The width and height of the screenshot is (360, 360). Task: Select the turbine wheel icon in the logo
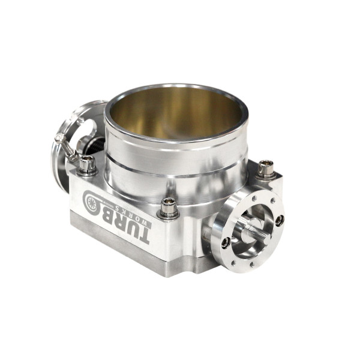click(x=94, y=203)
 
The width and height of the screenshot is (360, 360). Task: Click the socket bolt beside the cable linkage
click(x=86, y=164)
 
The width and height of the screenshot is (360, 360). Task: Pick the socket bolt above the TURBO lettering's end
click(x=168, y=208)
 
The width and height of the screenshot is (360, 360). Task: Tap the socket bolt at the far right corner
click(x=266, y=169)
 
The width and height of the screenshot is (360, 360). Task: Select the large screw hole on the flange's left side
click(x=226, y=242)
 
